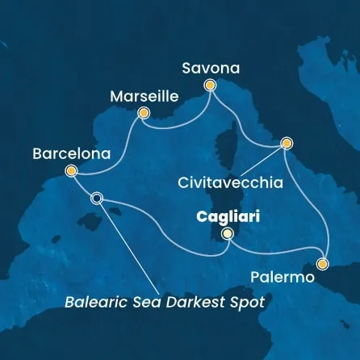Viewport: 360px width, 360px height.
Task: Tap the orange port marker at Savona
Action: pos(211,85)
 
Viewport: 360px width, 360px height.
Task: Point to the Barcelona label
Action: pos(69,152)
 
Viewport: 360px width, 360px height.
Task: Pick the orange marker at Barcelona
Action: pos(71,170)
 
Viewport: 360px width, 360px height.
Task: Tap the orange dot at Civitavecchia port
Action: pos(286,144)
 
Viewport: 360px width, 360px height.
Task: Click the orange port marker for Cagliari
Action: pos(228,233)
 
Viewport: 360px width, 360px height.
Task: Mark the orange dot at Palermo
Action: pos(323,263)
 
